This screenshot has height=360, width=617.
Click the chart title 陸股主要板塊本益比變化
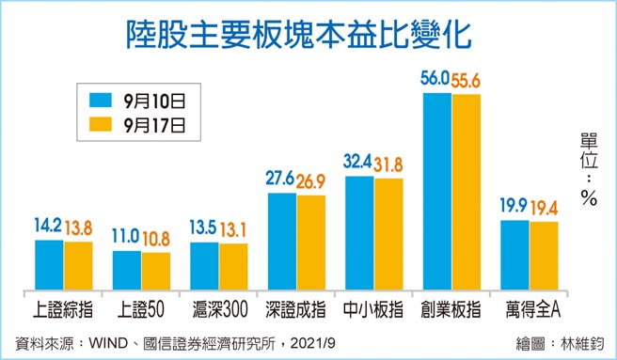pyautogui.click(x=308, y=35)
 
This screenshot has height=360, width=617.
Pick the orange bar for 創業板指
pyautogui.click(x=466, y=191)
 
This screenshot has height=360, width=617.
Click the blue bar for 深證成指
pyautogui.click(x=282, y=240)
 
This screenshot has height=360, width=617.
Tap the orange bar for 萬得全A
pyautogui.click(x=544, y=255)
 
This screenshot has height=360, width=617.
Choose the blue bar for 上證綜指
pyautogui.click(x=50, y=263)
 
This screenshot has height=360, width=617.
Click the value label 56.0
pyautogui.click(x=435, y=80)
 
